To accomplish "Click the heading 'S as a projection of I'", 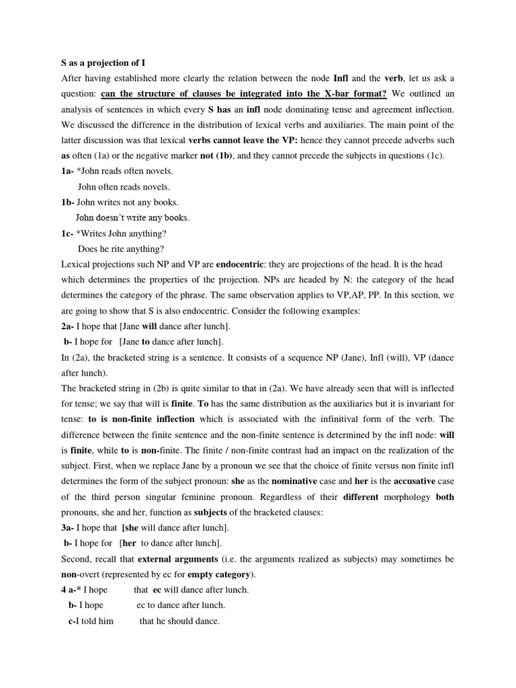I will [x=103, y=62].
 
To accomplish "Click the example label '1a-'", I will [x=69, y=171].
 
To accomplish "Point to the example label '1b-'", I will [x=69, y=202].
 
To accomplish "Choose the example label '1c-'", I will [x=69, y=233].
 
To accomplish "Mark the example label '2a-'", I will [x=69, y=326].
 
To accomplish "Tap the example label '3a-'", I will [x=69, y=527].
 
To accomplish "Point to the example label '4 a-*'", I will [x=73, y=590].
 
